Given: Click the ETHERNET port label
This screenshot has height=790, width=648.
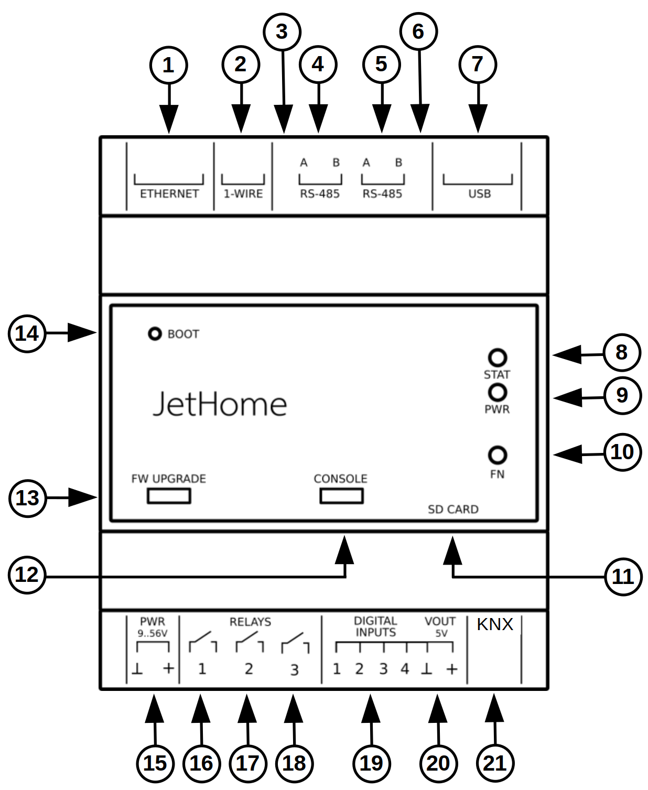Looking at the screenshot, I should coord(169,194).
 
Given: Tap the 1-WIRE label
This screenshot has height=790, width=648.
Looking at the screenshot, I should coord(243,194).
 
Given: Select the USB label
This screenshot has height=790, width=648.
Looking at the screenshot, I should coord(479,194).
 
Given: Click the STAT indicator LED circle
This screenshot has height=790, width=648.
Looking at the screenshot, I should coord(497,358).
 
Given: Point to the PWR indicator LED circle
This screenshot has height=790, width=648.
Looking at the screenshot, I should coord(497,392).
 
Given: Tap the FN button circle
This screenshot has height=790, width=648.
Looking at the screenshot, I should coord(497,455).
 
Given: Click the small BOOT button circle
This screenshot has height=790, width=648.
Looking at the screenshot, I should coord(155,333).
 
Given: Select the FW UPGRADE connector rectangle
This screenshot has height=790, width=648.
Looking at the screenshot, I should coord(169,495).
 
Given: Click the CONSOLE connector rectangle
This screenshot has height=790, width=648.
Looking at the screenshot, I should coord(341,495).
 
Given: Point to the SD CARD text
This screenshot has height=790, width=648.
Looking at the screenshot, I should coord(453,510).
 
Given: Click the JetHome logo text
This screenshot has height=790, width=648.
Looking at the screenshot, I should coord(220,405).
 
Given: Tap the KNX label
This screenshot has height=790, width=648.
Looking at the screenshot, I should coord(495,624).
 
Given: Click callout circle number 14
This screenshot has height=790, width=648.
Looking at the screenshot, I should coord(27,333).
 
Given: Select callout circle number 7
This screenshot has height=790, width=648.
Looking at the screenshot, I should coord(477,64).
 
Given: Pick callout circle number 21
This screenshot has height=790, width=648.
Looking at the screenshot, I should coord(495,763).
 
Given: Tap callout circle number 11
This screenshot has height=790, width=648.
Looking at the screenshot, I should coord(623,577).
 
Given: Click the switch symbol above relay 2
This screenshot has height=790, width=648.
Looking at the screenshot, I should coord(249,642).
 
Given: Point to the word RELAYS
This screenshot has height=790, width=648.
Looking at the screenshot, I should coord(250,622).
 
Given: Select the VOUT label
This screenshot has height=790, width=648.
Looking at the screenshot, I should coord(440,622).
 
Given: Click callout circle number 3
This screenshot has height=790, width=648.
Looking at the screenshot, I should coord(282,31).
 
